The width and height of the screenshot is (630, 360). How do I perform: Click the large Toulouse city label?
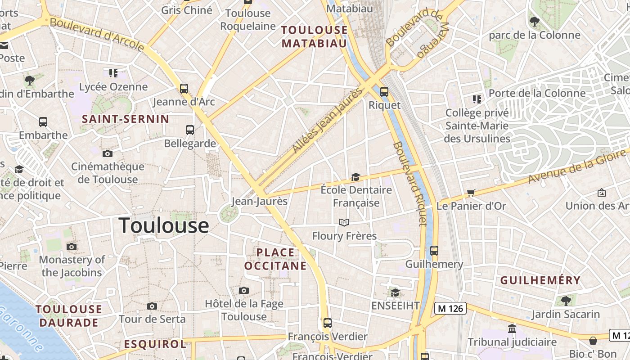point(164,225)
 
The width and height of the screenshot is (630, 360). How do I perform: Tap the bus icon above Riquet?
point(384,91)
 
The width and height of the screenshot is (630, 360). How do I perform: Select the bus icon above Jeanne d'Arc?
point(184,88)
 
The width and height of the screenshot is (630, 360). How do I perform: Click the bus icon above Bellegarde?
point(190,130)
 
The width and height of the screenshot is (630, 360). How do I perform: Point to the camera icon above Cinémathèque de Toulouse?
point(107,153)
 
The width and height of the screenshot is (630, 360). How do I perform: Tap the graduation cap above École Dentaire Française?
point(355,177)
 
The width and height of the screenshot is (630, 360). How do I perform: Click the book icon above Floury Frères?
point(344,222)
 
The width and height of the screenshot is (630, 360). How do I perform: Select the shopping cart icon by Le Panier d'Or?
point(471,193)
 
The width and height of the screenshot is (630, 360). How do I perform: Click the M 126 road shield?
point(450,308)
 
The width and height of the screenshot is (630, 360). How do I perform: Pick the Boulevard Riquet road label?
point(409,184)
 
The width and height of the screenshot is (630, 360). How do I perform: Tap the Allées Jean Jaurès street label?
point(327,120)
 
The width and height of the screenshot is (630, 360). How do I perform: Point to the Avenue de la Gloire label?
point(577,166)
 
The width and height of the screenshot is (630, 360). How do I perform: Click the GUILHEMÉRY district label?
point(540,280)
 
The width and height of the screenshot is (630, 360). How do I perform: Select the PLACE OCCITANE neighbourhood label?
point(275,259)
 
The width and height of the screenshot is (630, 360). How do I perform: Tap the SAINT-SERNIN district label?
point(126,119)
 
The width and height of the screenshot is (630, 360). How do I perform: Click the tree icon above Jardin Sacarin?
point(566,300)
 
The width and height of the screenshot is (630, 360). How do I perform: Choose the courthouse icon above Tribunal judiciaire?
point(512,328)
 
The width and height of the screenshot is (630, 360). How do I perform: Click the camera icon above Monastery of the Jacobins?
point(72,247)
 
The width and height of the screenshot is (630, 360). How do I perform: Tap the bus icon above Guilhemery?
point(434,250)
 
